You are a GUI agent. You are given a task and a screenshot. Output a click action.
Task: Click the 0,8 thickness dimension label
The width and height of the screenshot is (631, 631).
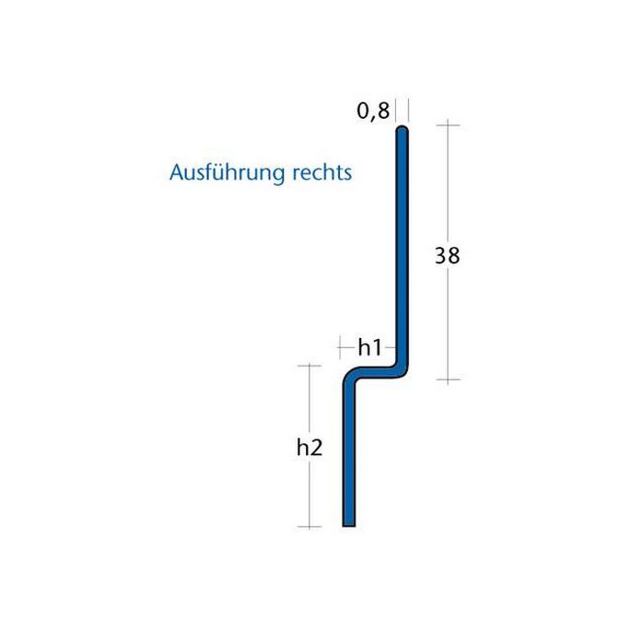pos(373,112)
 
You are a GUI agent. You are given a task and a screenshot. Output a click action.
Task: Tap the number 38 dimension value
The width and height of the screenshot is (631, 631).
pos(447,256)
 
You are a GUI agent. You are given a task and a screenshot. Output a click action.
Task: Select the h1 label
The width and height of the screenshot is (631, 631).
pos(369,347)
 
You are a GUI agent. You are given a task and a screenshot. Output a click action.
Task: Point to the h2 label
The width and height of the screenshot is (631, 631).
pos(310,449)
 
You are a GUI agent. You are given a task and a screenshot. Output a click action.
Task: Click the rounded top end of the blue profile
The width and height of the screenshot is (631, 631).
pos(403,132)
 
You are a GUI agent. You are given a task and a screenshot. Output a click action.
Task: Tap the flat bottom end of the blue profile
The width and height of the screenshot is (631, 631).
pos(349,524)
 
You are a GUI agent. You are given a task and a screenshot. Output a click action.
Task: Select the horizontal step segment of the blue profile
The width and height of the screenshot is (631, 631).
pos(376,374)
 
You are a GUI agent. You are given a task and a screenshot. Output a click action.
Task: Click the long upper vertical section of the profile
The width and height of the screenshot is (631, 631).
pos(403,249)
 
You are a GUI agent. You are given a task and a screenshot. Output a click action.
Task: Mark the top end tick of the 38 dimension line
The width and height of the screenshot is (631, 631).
pos(448,123)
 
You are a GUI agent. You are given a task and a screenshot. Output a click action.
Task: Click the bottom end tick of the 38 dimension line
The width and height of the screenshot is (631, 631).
pos(448,380)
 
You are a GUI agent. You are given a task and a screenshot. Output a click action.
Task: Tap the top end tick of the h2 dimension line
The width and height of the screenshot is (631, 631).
pos(309,366)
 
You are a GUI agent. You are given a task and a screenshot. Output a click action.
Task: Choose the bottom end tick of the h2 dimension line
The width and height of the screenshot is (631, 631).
pos(309,527)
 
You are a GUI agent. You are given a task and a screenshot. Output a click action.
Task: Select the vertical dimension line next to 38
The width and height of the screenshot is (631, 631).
pos(448,184)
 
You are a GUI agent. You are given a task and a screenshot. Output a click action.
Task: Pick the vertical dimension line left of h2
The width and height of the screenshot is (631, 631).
pos(309,405)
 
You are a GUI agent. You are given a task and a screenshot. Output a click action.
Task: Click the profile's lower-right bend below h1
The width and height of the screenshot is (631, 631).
pos(400,371)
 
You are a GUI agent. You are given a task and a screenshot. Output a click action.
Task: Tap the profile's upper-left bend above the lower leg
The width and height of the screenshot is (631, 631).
pos(352,379)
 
